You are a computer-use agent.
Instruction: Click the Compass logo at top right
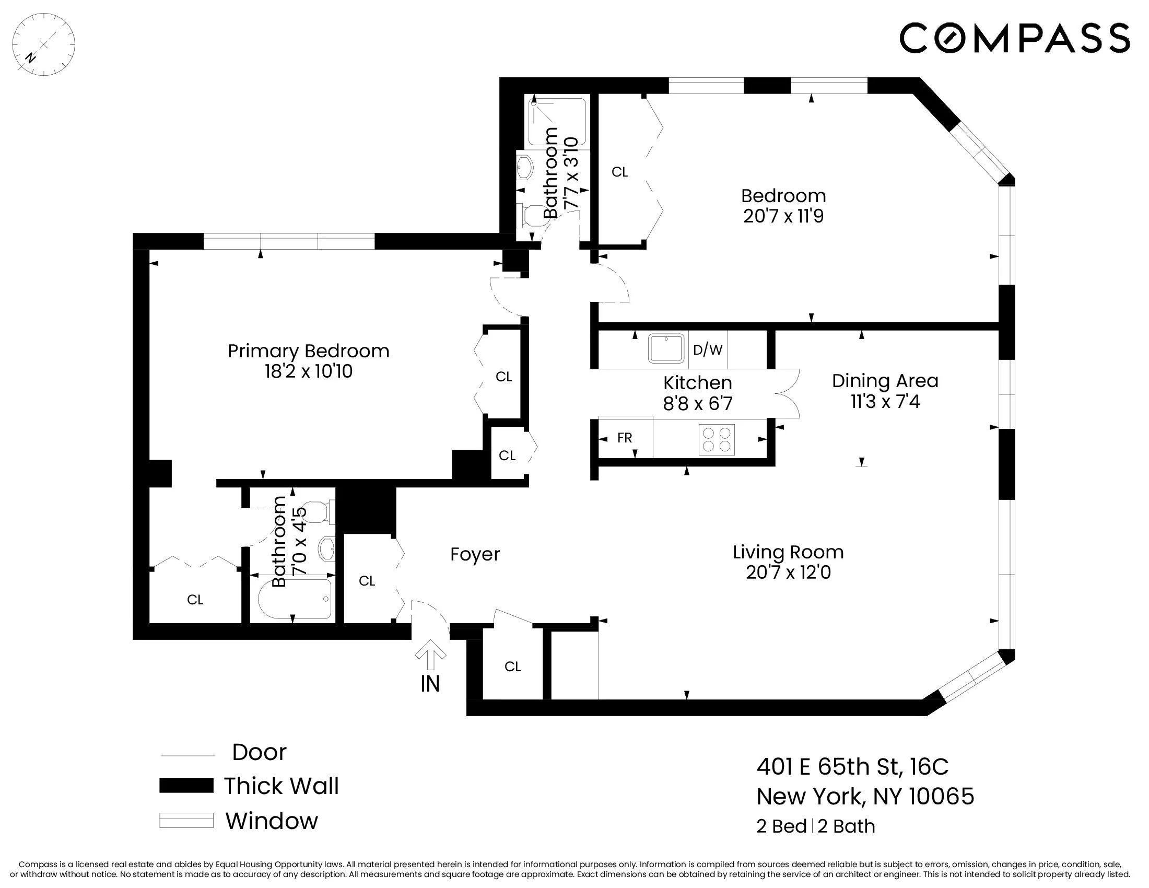(1014, 38)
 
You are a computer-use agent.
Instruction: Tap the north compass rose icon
(44, 45)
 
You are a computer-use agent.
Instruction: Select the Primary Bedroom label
(308, 351)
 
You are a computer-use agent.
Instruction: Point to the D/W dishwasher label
(708, 350)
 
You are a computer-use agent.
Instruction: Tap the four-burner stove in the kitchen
(717, 439)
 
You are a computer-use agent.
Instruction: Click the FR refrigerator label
(625, 438)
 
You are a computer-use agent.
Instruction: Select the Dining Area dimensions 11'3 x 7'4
(885, 402)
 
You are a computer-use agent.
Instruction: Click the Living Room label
(788, 552)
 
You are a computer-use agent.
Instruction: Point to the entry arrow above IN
(430, 655)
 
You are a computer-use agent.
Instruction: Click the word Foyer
(475, 554)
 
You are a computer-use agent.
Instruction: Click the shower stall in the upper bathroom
(557, 122)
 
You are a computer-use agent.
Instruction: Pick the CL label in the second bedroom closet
(620, 172)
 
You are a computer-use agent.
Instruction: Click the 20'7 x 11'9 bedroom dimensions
(783, 216)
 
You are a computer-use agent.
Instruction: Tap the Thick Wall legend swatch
(186, 786)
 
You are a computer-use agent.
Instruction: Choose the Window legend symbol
(186, 821)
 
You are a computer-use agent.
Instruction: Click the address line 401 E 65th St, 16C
(852, 766)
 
